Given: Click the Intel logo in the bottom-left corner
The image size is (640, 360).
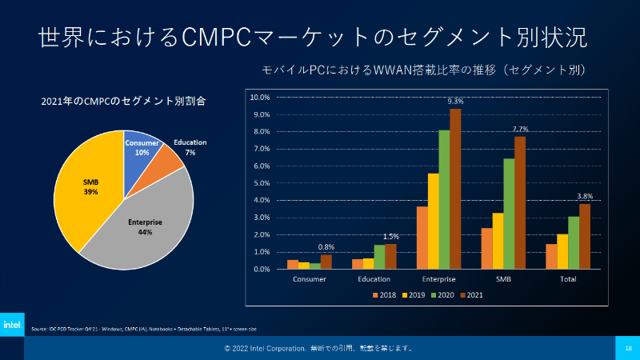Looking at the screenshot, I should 12,326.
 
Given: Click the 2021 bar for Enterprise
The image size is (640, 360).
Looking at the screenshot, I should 455,189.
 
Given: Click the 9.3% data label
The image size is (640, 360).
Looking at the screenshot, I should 455,102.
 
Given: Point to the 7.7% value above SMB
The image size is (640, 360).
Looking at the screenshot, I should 520,129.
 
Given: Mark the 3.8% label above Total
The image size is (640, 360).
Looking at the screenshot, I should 585,196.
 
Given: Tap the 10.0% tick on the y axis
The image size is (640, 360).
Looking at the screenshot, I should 261,98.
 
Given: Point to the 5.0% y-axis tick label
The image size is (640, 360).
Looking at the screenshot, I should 262,183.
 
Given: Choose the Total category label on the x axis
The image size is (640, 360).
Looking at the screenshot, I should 568,279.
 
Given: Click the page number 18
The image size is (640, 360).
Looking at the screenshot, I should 628,349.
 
